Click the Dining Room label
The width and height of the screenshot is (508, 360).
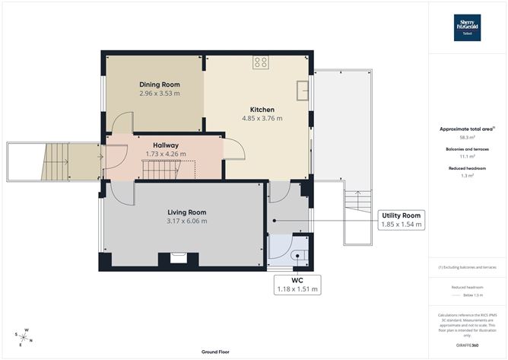point(159,84)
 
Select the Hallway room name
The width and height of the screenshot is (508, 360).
point(166,145)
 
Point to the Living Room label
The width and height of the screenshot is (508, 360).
point(187,212)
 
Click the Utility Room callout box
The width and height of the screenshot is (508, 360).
point(402,219)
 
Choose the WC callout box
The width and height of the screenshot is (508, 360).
point(297,285)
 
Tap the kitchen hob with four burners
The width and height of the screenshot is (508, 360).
point(261,62)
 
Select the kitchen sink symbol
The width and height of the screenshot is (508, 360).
point(303,90)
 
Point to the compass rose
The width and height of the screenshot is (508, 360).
point(24,337)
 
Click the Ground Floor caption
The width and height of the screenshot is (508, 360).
point(216,352)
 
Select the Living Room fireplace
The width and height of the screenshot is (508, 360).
point(179,258)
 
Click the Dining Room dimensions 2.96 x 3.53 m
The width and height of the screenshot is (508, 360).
point(160,93)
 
